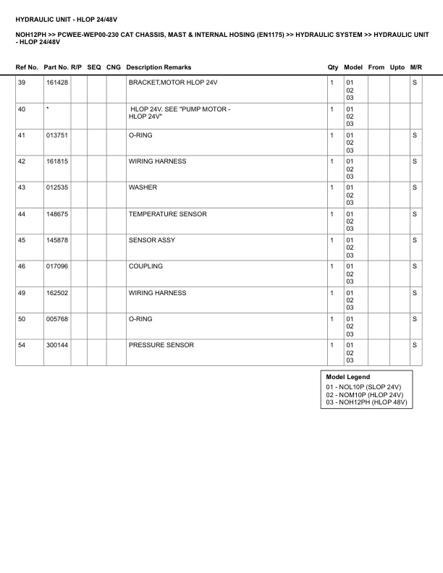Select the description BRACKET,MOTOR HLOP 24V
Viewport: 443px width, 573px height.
[172, 83]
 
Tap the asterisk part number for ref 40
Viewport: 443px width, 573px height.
[47, 109]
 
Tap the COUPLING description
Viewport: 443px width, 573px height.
[145, 266]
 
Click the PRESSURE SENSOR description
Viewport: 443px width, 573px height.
[161, 345]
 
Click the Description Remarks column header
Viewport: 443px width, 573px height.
[159, 67]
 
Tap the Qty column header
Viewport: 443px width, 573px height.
[333, 67]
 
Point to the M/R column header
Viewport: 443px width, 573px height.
[415, 67]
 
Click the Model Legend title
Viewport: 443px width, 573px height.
[347, 377]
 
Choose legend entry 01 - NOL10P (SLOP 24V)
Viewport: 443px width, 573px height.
[363, 388]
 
